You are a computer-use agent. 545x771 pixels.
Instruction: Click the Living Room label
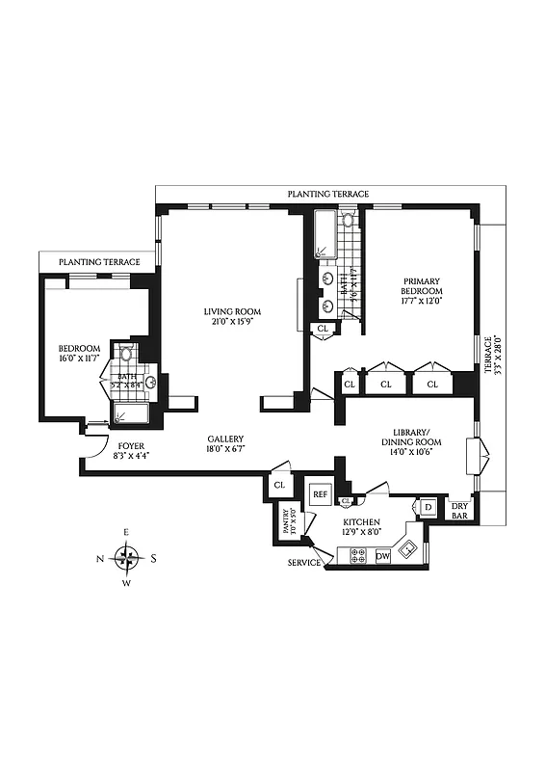(x=231, y=311)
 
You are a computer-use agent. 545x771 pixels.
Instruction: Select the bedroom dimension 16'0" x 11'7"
(x=78, y=359)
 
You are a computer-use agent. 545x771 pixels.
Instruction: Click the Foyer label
(x=129, y=446)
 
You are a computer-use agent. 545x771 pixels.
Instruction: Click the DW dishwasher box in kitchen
(x=382, y=556)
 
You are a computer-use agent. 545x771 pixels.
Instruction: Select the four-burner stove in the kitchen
(x=356, y=556)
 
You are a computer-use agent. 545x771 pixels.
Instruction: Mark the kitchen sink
(x=408, y=550)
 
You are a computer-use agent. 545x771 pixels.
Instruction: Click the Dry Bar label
(x=460, y=509)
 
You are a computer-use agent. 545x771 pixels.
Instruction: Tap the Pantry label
(x=287, y=523)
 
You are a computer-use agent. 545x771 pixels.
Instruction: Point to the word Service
(x=303, y=563)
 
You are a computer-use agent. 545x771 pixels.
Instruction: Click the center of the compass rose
(x=127, y=558)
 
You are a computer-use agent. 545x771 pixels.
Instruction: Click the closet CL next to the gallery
(x=279, y=486)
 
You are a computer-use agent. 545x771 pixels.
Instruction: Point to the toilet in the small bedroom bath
(x=123, y=356)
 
